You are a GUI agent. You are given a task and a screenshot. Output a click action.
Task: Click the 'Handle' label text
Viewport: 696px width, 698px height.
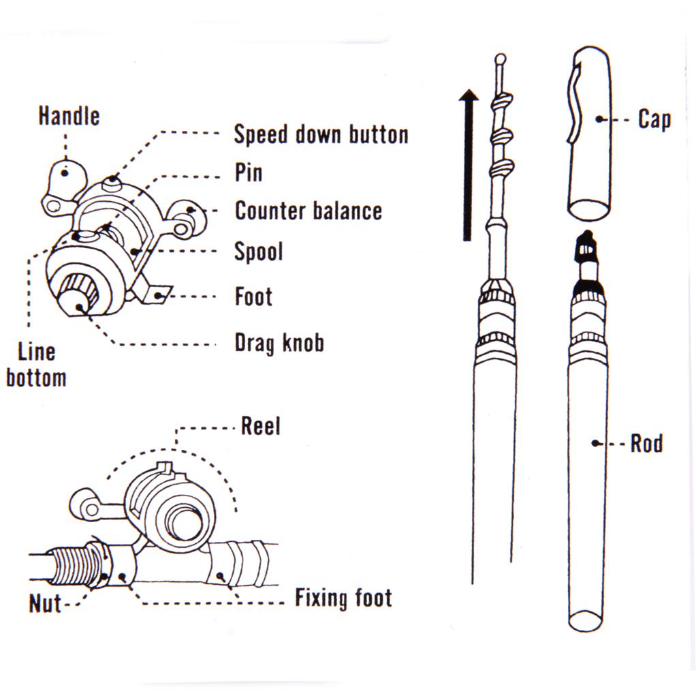pyautogui.click(x=68, y=115)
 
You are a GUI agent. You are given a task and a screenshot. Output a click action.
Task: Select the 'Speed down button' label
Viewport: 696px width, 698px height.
pyautogui.click(x=321, y=134)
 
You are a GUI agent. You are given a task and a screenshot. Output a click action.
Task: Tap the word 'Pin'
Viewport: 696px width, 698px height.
pyautogui.click(x=249, y=172)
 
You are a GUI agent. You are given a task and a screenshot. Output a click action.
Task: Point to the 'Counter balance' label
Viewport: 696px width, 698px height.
pyautogui.click(x=308, y=211)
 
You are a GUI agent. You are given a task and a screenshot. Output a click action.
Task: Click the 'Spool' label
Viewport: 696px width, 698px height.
pyautogui.click(x=258, y=252)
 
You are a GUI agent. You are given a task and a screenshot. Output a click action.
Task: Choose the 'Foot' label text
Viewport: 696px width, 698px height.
pyautogui.click(x=253, y=297)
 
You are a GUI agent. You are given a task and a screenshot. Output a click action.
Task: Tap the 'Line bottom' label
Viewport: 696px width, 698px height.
pyautogui.click(x=36, y=365)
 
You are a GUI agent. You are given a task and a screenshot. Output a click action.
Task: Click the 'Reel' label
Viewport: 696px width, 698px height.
pyautogui.click(x=261, y=427)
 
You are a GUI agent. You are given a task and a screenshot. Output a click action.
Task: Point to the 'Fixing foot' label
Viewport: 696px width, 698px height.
pyautogui.click(x=343, y=598)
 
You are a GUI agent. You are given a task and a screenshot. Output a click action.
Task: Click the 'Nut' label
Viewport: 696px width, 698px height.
pyautogui.click(x=45, y=603)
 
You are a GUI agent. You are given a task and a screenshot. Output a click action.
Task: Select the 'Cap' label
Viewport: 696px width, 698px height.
pyautogui.click(x=654, y=119)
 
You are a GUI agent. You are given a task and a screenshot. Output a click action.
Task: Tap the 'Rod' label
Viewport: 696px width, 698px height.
pyautogui.click(x=646, y=444)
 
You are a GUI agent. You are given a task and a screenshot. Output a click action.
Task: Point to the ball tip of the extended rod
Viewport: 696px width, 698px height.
pyautogui.click(x=501, y=59)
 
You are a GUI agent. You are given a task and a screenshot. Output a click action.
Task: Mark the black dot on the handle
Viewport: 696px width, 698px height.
pyautogui.click(x=65, y=172)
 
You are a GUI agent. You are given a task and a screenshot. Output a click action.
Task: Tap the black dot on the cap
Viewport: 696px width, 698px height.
pyautogui.click(x=599, y=119)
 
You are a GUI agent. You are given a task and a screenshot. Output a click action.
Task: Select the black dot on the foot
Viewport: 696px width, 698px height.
pyautogui.click(x=160, y=295)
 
